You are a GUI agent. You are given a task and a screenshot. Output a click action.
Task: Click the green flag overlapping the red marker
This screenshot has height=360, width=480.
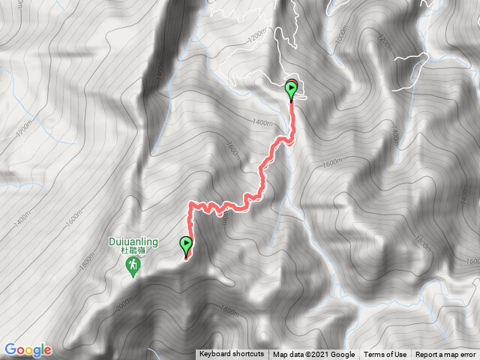click(x=291, y=91)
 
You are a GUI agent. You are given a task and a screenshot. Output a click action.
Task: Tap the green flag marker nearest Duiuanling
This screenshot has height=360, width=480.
click(x=185, y=245)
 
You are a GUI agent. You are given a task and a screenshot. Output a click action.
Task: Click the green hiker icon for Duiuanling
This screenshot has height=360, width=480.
click(x=133, y=267)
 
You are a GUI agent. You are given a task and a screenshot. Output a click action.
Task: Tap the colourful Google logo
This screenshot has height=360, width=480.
click(x=28, y=349)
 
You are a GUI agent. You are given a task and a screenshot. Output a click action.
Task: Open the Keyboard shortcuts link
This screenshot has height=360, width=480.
click(x=232, y=355)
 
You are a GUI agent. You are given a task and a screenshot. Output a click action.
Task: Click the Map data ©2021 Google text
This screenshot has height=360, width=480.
click(x=313, y=355)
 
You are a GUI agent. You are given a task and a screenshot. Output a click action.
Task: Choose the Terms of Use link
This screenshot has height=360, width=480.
click(x=385, y=355)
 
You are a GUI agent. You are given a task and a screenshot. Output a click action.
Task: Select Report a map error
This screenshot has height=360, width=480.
click(x=446, y=355)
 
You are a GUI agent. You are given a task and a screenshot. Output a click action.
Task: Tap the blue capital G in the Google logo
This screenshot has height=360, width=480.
click(x=10, y=349)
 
